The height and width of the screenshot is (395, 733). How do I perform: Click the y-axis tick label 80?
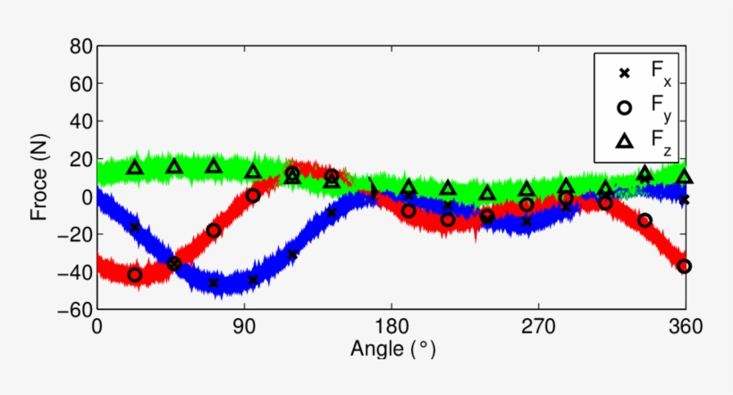76,46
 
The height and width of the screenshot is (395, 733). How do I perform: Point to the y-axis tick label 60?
76,83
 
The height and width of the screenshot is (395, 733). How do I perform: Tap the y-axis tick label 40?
76,121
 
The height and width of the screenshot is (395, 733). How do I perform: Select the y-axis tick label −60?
71,309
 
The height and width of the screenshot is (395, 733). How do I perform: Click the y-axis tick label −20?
71,234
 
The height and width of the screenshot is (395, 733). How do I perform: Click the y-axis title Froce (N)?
39,177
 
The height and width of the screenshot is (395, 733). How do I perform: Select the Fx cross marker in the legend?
625,73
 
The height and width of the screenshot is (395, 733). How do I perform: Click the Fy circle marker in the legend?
625,107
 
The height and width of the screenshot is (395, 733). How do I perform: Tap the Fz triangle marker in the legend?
625,140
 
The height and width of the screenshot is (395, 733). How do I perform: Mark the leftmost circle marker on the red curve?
135,274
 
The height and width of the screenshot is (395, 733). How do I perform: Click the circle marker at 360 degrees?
685,265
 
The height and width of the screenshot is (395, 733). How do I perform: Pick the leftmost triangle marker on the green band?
135,167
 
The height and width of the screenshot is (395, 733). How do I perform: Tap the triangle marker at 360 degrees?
685,177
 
